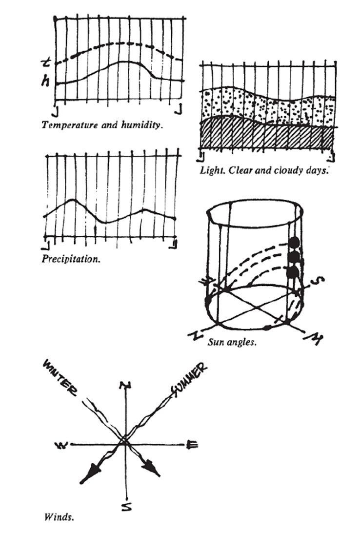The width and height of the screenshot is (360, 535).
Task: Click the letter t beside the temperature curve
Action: click(45, 62)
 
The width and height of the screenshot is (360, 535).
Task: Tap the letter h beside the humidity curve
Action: click(45, 82)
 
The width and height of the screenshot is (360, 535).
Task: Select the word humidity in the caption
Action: click(144, 125)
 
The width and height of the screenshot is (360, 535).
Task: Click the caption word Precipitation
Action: click(71, 259)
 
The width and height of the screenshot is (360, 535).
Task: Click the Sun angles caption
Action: click(232, 342)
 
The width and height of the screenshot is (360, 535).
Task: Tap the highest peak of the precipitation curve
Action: click(72, 200)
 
